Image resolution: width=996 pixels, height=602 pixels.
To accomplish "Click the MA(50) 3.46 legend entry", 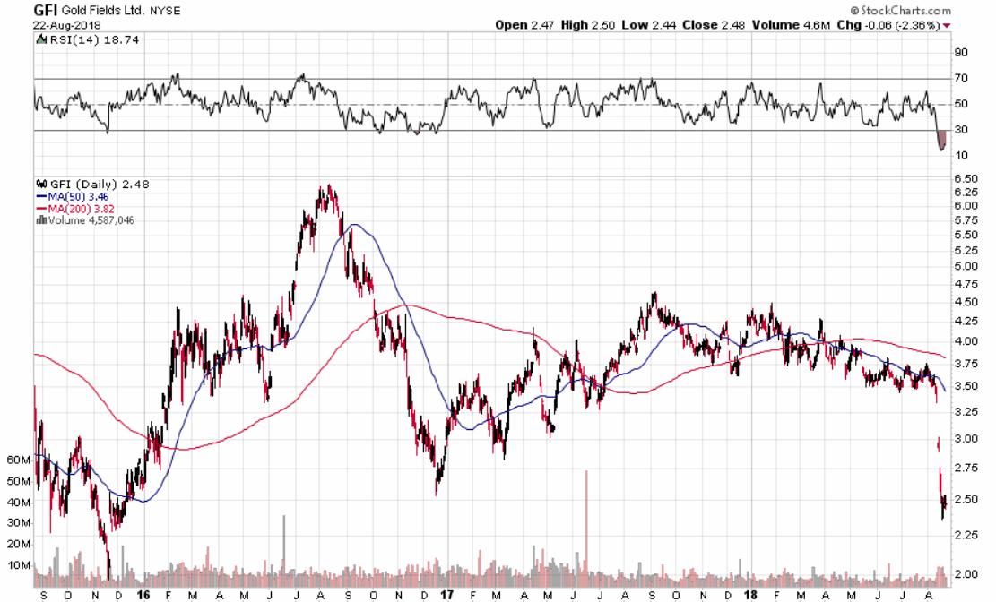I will click(x=74, y=195).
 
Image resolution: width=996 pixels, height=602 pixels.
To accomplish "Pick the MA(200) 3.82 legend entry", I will click(x=78, y=208).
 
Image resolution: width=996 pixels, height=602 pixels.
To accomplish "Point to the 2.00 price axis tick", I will click(x=966, y=573).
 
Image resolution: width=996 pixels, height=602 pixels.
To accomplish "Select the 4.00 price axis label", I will click(x=966, y=341).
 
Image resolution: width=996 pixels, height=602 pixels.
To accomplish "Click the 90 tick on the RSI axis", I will click(x=961, y=53).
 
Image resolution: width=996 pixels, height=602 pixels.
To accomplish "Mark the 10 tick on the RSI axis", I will click(x=961, y=156).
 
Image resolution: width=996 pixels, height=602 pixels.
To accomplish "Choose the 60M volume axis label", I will click(x=19, y=460).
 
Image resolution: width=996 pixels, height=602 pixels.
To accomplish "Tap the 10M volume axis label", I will click(x=19, y=565).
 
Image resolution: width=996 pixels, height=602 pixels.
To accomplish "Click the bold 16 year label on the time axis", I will click(x=143, y=594).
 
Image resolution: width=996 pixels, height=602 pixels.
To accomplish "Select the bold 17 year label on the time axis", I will click(x=448, y=594).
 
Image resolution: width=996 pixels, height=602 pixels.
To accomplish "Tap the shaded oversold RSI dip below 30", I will click(x=941, y=140).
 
